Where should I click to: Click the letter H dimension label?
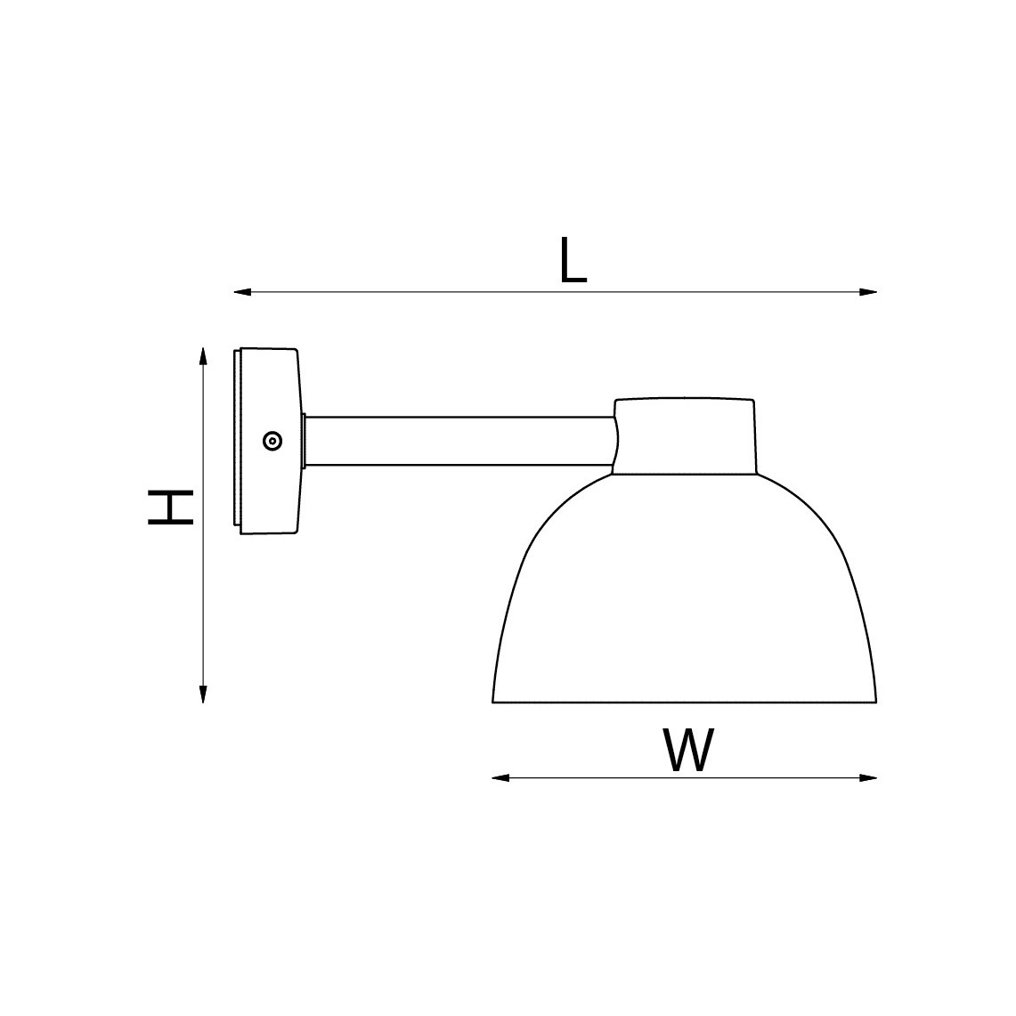click(171, 508)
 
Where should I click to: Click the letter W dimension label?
click(688, 750)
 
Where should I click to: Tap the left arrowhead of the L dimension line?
click(241, 292)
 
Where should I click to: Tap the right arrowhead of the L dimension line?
click(868, 292)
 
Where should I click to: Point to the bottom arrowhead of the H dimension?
click(203, 695)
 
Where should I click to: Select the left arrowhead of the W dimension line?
click(500, 777)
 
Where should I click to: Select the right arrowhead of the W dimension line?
click(868, 777)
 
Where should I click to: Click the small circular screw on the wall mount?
click(272, 442)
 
